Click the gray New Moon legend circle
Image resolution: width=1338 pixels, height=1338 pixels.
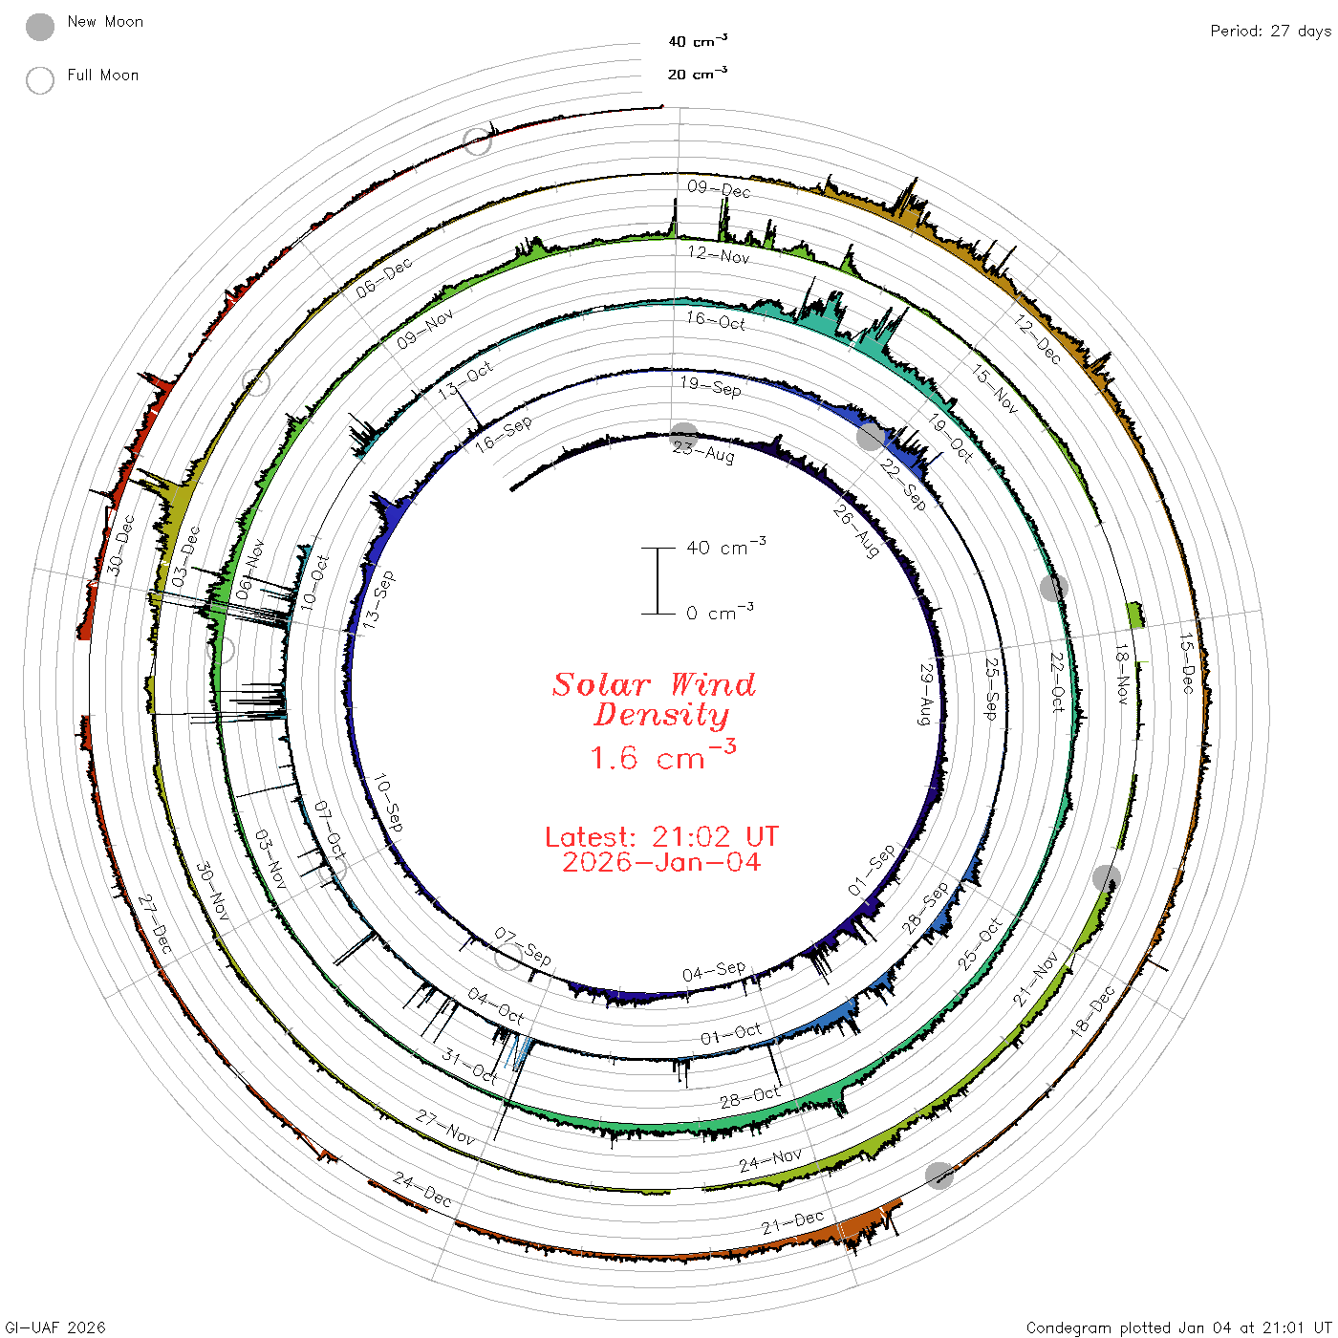click(39, 27)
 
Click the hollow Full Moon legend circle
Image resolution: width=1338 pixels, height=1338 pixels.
click(39, 80)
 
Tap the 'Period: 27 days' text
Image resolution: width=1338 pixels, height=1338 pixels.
click(1270, 32)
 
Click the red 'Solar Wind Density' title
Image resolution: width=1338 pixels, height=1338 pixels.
click(654, 700)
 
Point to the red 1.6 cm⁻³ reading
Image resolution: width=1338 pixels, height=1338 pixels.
click(662, 756)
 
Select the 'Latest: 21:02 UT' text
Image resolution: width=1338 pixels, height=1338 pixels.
click(661, 836)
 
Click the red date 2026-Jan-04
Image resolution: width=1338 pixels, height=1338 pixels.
click(661, 862)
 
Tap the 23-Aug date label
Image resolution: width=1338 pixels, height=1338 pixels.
click(703, 452)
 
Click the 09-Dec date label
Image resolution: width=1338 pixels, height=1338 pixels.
click(719, 189)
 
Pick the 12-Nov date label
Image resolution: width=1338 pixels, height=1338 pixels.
click(719, 255)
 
